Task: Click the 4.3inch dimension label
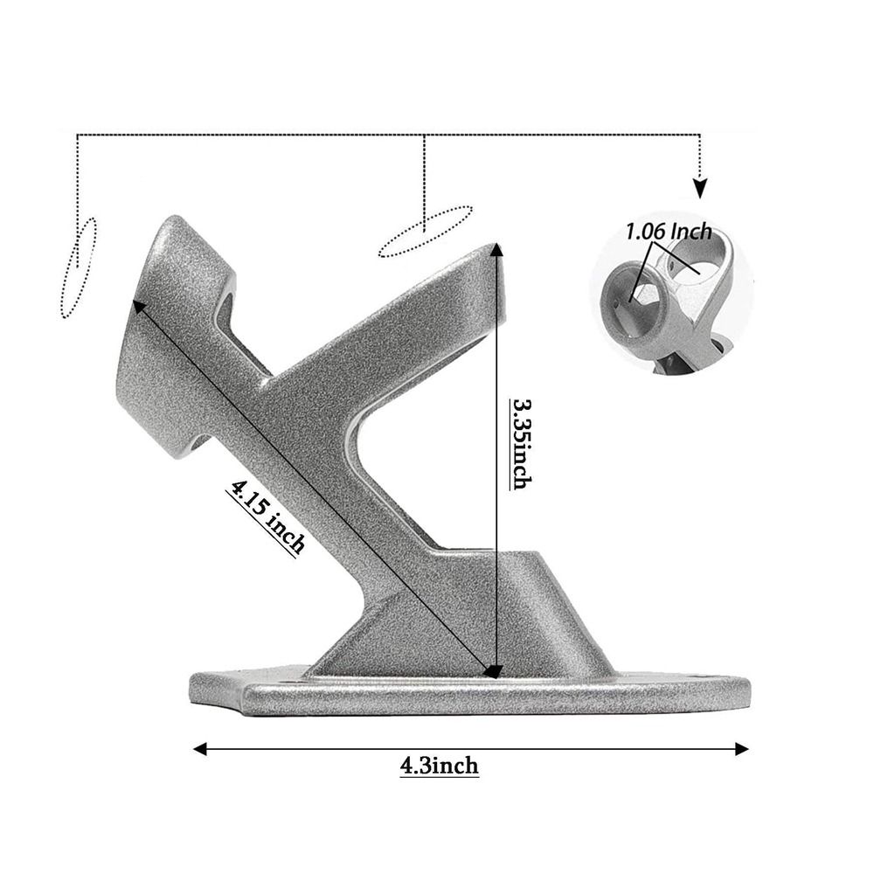(440, 766)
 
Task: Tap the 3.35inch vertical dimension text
(522, 443)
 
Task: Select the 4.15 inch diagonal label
(266, 517)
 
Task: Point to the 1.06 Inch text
(668, 232)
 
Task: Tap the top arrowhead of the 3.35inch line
(496, 251)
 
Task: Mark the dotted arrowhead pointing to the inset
(700, 188)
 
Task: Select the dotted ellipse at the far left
(78, 267)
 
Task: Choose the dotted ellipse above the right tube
(426, 231)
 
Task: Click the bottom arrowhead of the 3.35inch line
(495, 671)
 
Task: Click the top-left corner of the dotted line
(78, 135)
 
